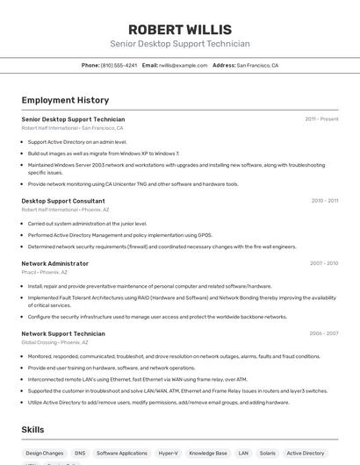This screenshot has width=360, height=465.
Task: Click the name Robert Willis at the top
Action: point(180,29)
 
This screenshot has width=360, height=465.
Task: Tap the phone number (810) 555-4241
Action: point(119,65)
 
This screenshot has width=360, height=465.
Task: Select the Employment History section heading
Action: point(65,100)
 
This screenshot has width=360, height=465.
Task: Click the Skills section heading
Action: point(33,430)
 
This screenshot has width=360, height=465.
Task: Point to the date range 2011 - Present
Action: point(321,119)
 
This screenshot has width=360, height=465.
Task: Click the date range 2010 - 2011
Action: point(325,201)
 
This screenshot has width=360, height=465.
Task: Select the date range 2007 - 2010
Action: point(324,263)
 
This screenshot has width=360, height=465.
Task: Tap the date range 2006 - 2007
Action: point(324,333)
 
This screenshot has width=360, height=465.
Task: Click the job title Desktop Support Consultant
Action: point(63,201)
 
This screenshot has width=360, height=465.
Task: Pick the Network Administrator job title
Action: point(55,263)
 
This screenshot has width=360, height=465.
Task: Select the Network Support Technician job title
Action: point(63,333)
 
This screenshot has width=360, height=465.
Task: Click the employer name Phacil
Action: point(29,272)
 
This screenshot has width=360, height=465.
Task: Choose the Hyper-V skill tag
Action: point(168,454)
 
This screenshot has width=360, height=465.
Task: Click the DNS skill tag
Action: point(80,454)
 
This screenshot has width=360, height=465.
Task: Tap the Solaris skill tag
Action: point(267,454)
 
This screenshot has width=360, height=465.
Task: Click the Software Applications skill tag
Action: point(122,454)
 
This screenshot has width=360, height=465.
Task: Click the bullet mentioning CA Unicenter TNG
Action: point(133,184)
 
